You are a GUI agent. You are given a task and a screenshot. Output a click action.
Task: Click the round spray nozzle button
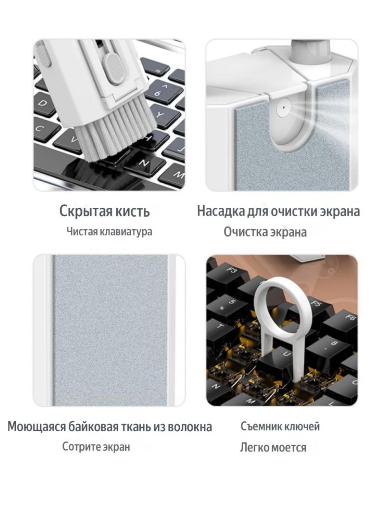click(284, 108)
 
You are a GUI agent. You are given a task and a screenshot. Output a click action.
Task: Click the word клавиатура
click(127, 232)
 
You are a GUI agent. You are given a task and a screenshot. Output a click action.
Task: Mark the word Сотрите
click(79, 447)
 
